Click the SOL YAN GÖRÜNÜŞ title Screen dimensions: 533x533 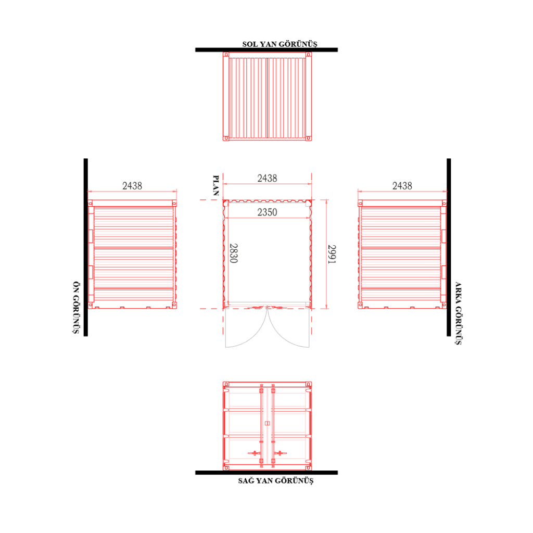(280, 44)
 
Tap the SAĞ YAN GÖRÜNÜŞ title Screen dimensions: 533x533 (276, 480)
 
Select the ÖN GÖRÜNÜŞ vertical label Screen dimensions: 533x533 (76, 308)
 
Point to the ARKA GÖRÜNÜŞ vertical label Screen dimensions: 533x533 (458, 313)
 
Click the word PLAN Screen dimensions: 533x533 (215, 186)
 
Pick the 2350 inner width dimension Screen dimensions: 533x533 (267, 212)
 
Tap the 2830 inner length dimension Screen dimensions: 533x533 (234, 253)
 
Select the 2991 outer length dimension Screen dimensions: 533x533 (332, 254)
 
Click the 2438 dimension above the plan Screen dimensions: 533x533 (267, 178)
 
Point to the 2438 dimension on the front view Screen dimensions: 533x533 (132, 186)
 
